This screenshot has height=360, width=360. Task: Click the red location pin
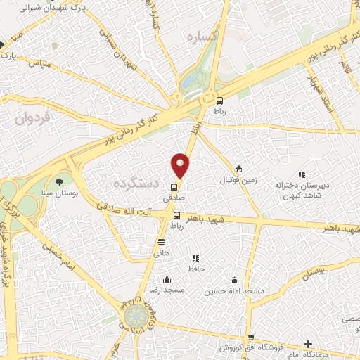pos(181,165)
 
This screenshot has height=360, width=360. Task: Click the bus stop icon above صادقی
pos(173,186)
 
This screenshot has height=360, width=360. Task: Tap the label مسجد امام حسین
pos(234,291)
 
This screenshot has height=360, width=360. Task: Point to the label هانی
pos(162,253)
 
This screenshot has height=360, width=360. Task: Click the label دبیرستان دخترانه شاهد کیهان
pos(302,190)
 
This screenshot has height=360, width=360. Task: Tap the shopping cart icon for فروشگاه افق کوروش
pos(250,337)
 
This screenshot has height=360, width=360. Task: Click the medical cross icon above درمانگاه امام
pos(308,345)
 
